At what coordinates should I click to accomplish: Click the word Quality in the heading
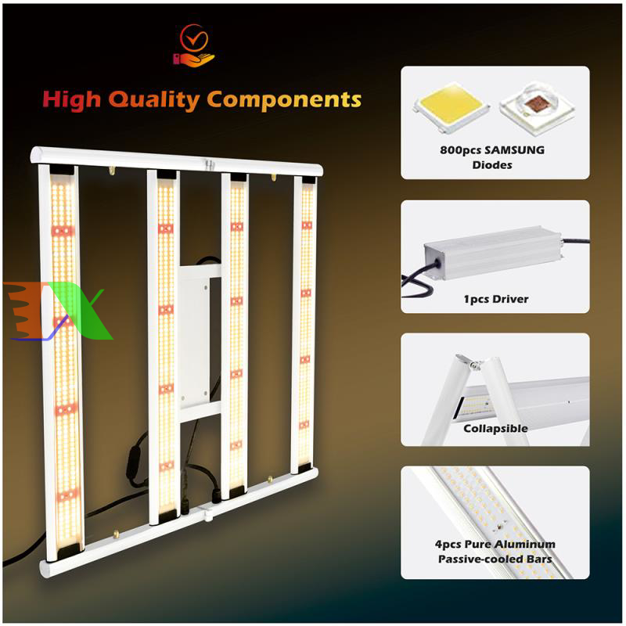point(154,100)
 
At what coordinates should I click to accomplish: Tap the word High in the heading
point(72,100)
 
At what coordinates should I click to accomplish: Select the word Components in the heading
point(284,99)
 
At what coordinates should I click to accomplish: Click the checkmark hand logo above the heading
point(193,45)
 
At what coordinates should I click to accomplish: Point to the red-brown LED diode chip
point(537,107)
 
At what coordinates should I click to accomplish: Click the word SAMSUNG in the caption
point(514,150)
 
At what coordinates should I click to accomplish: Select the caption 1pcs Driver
point(496,299)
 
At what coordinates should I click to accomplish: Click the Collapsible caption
point(495,428)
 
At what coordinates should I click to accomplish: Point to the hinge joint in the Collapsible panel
point(474,364)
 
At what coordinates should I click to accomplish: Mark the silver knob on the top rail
point(208,164)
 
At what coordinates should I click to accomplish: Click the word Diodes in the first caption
point(492,165)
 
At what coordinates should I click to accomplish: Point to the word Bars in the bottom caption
point(539,559)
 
